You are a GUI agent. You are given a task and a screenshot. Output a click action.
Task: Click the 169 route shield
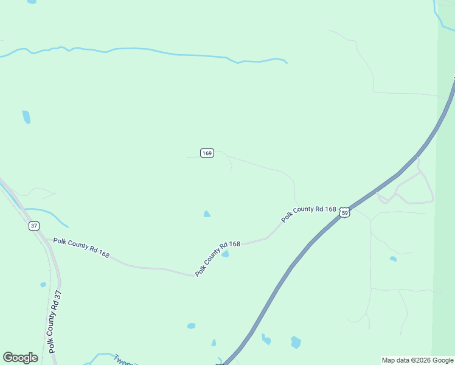pyautogui.click(x=207, y=153)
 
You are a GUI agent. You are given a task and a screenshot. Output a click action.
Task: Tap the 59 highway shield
pyautogui.click(x=345, y=212)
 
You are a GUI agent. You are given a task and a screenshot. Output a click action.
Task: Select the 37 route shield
pyautogui.click(x=33, y=226)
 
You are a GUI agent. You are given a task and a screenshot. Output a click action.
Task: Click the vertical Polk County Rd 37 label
pyautogui.click(x=55, y=321)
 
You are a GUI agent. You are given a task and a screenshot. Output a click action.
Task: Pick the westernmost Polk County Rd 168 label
pyautogui.click(x=81, y=248)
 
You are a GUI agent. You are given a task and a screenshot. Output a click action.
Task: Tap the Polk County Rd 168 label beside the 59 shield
pyautogui.click(x=308, y=214)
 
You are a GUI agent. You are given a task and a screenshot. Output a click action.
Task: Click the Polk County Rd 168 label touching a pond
pyautogui.click(x=217, y=259)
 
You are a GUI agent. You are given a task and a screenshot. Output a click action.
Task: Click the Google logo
pyautogui.click(x=21, y=358)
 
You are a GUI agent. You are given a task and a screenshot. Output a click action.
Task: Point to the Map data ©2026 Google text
pyautogui.click(x=417, y=360)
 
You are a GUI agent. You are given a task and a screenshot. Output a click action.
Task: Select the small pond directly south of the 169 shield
pyautogui.click(x=207, y=214)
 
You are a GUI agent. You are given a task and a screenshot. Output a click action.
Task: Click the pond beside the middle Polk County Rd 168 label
pyautogui.click(x=225, y=254)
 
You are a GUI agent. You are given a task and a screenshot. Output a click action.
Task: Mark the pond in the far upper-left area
pyautogui.click(x=26, y=117)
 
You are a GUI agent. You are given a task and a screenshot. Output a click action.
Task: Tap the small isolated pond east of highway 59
pyautogui.click(x=393, y=259)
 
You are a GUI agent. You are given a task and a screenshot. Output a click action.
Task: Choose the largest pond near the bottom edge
pyautogui.click(x=296, y=342)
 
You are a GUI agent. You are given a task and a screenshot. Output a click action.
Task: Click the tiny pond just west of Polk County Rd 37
pyautogui.click(x=43, y=284)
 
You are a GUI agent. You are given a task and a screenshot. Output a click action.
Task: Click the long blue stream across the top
pyautogui.click(x=146, y=51)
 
